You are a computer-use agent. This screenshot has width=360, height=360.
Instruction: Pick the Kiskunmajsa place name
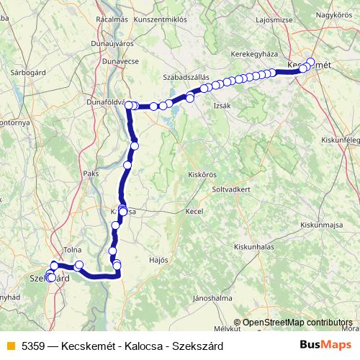(319, 225)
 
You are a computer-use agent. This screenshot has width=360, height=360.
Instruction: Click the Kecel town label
(194, 212)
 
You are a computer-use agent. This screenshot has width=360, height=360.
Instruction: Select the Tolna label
(72, 250)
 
